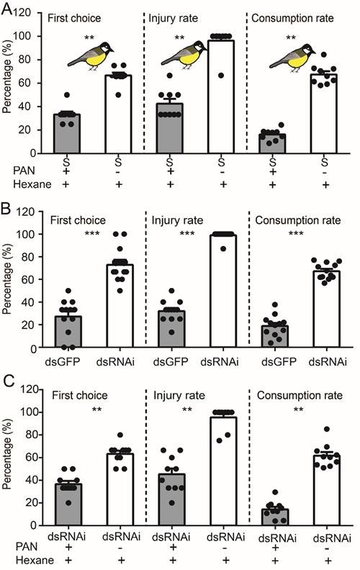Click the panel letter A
7,7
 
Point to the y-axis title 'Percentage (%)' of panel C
9,469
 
